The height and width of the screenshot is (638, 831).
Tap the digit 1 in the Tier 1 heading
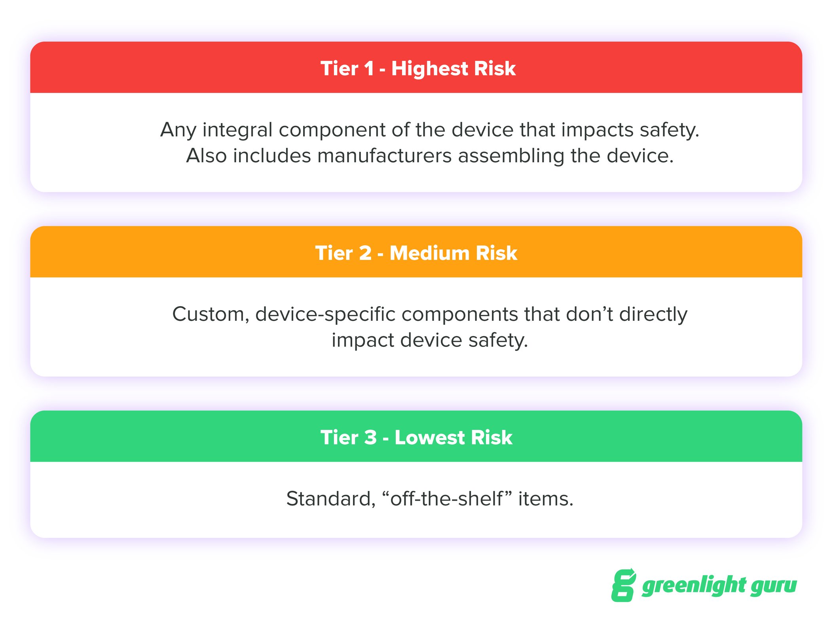click(x=369, y=69)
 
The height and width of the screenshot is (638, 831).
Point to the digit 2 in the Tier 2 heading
click(x=365, y=253)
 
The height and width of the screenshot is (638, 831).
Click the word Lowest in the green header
click(x=429, y=437)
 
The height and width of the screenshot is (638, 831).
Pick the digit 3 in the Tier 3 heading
click(x=370, y=437)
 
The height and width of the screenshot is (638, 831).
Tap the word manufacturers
click(x=384, y=156)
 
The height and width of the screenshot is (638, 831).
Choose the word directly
click(x=653, y=314)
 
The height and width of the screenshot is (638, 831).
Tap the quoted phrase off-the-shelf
click(x=447, y=499)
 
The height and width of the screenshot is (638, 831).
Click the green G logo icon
click(x=623, y=585)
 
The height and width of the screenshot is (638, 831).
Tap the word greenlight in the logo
click(x=694, y=586)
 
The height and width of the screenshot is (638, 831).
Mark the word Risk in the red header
click(x=495, y=69)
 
